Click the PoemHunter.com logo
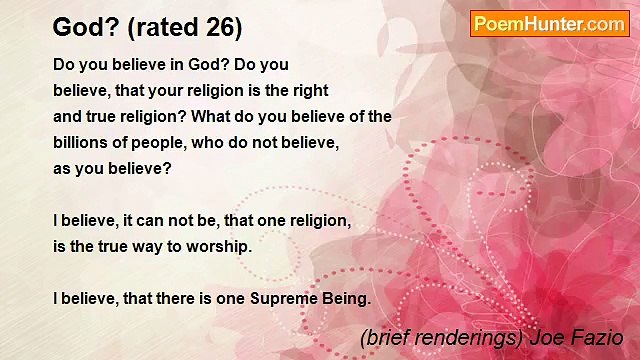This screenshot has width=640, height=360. tap(549, 24)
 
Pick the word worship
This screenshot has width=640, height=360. tap(211, 246)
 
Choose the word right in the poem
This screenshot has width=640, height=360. tap(308, 90)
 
